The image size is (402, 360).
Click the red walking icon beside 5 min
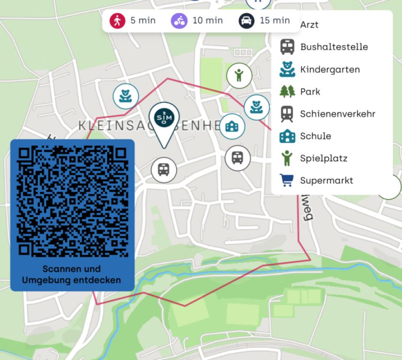click(117, 20)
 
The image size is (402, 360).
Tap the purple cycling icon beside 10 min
click(179, 20)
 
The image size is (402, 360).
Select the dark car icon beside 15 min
click(246, 20)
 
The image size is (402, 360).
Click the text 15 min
click(275, 20)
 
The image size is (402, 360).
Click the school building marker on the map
click(232, 126)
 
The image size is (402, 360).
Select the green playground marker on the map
click(239, 75)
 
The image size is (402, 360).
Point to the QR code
click(72, 201)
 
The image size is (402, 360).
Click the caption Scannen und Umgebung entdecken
click(72, 275)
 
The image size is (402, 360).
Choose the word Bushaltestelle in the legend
click(334, 47)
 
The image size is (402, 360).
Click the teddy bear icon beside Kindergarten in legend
click(287, 69)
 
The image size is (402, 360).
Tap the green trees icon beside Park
click(287, 92)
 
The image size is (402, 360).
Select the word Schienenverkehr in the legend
click(337, 114)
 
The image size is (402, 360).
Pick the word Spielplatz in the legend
click(323, 158)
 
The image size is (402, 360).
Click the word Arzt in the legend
click(309, 25)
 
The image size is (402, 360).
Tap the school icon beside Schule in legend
click(287, 136)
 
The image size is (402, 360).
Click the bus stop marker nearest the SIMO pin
click(164, 170)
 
